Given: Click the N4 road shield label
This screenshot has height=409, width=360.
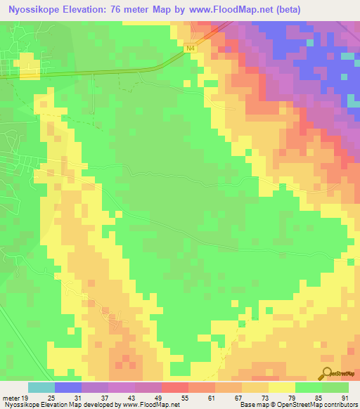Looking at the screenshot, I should (x=191, y=48).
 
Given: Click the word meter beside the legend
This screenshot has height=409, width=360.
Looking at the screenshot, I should (x=11, y=397).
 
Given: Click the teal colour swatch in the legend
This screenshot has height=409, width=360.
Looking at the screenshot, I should (x=41, y=387).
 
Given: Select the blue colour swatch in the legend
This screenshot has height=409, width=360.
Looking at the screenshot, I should (x=68, y=387).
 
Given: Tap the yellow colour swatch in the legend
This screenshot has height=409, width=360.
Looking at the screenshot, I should (x=281, y=387).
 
